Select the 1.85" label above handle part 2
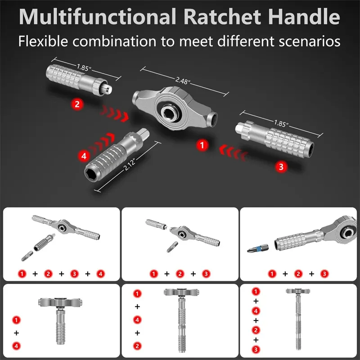(83, 67)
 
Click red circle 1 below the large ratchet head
(202, 145)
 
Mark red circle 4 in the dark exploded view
(82, 156)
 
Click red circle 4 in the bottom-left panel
(17, 346)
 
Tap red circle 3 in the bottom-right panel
(256, 349)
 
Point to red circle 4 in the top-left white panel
(100, 273)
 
